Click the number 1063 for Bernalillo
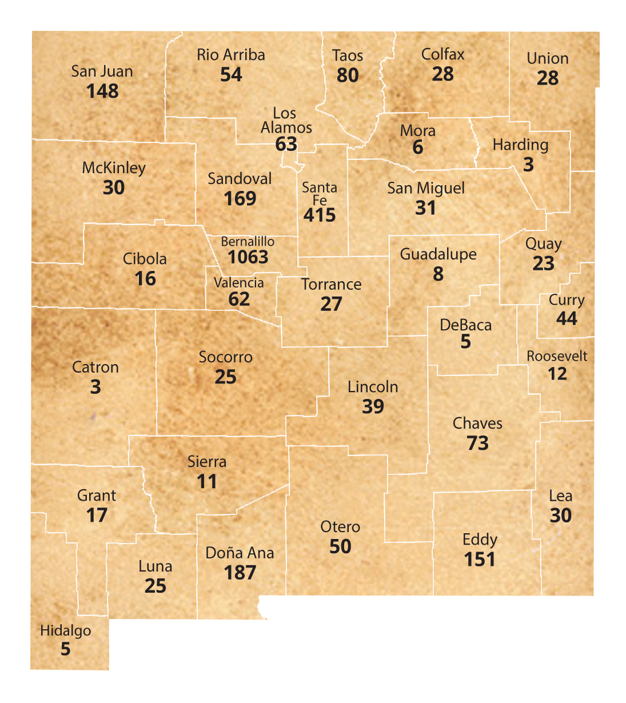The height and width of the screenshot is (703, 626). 248,257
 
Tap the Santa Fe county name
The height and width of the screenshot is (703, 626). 320,193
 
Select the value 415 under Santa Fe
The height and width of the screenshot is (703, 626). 320,215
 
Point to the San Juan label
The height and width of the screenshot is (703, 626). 102,71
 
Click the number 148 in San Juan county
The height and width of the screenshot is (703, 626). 102,91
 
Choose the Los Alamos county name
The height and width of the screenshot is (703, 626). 286,121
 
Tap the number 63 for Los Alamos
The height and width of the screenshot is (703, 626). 286,144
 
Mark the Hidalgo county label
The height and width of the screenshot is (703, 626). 65,631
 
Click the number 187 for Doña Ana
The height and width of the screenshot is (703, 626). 240,573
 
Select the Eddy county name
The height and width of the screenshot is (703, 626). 480,540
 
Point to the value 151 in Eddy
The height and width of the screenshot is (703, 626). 480,560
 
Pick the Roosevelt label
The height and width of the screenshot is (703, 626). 557,356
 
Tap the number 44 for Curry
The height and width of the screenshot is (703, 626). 567,319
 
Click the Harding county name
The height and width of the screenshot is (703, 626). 520,145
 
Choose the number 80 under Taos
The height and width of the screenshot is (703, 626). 348,75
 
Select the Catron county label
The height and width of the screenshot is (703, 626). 95,368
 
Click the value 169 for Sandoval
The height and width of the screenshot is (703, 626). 240,199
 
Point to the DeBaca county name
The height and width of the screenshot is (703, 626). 465,325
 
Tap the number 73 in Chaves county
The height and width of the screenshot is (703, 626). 477,444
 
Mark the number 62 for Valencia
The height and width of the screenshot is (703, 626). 239,299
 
